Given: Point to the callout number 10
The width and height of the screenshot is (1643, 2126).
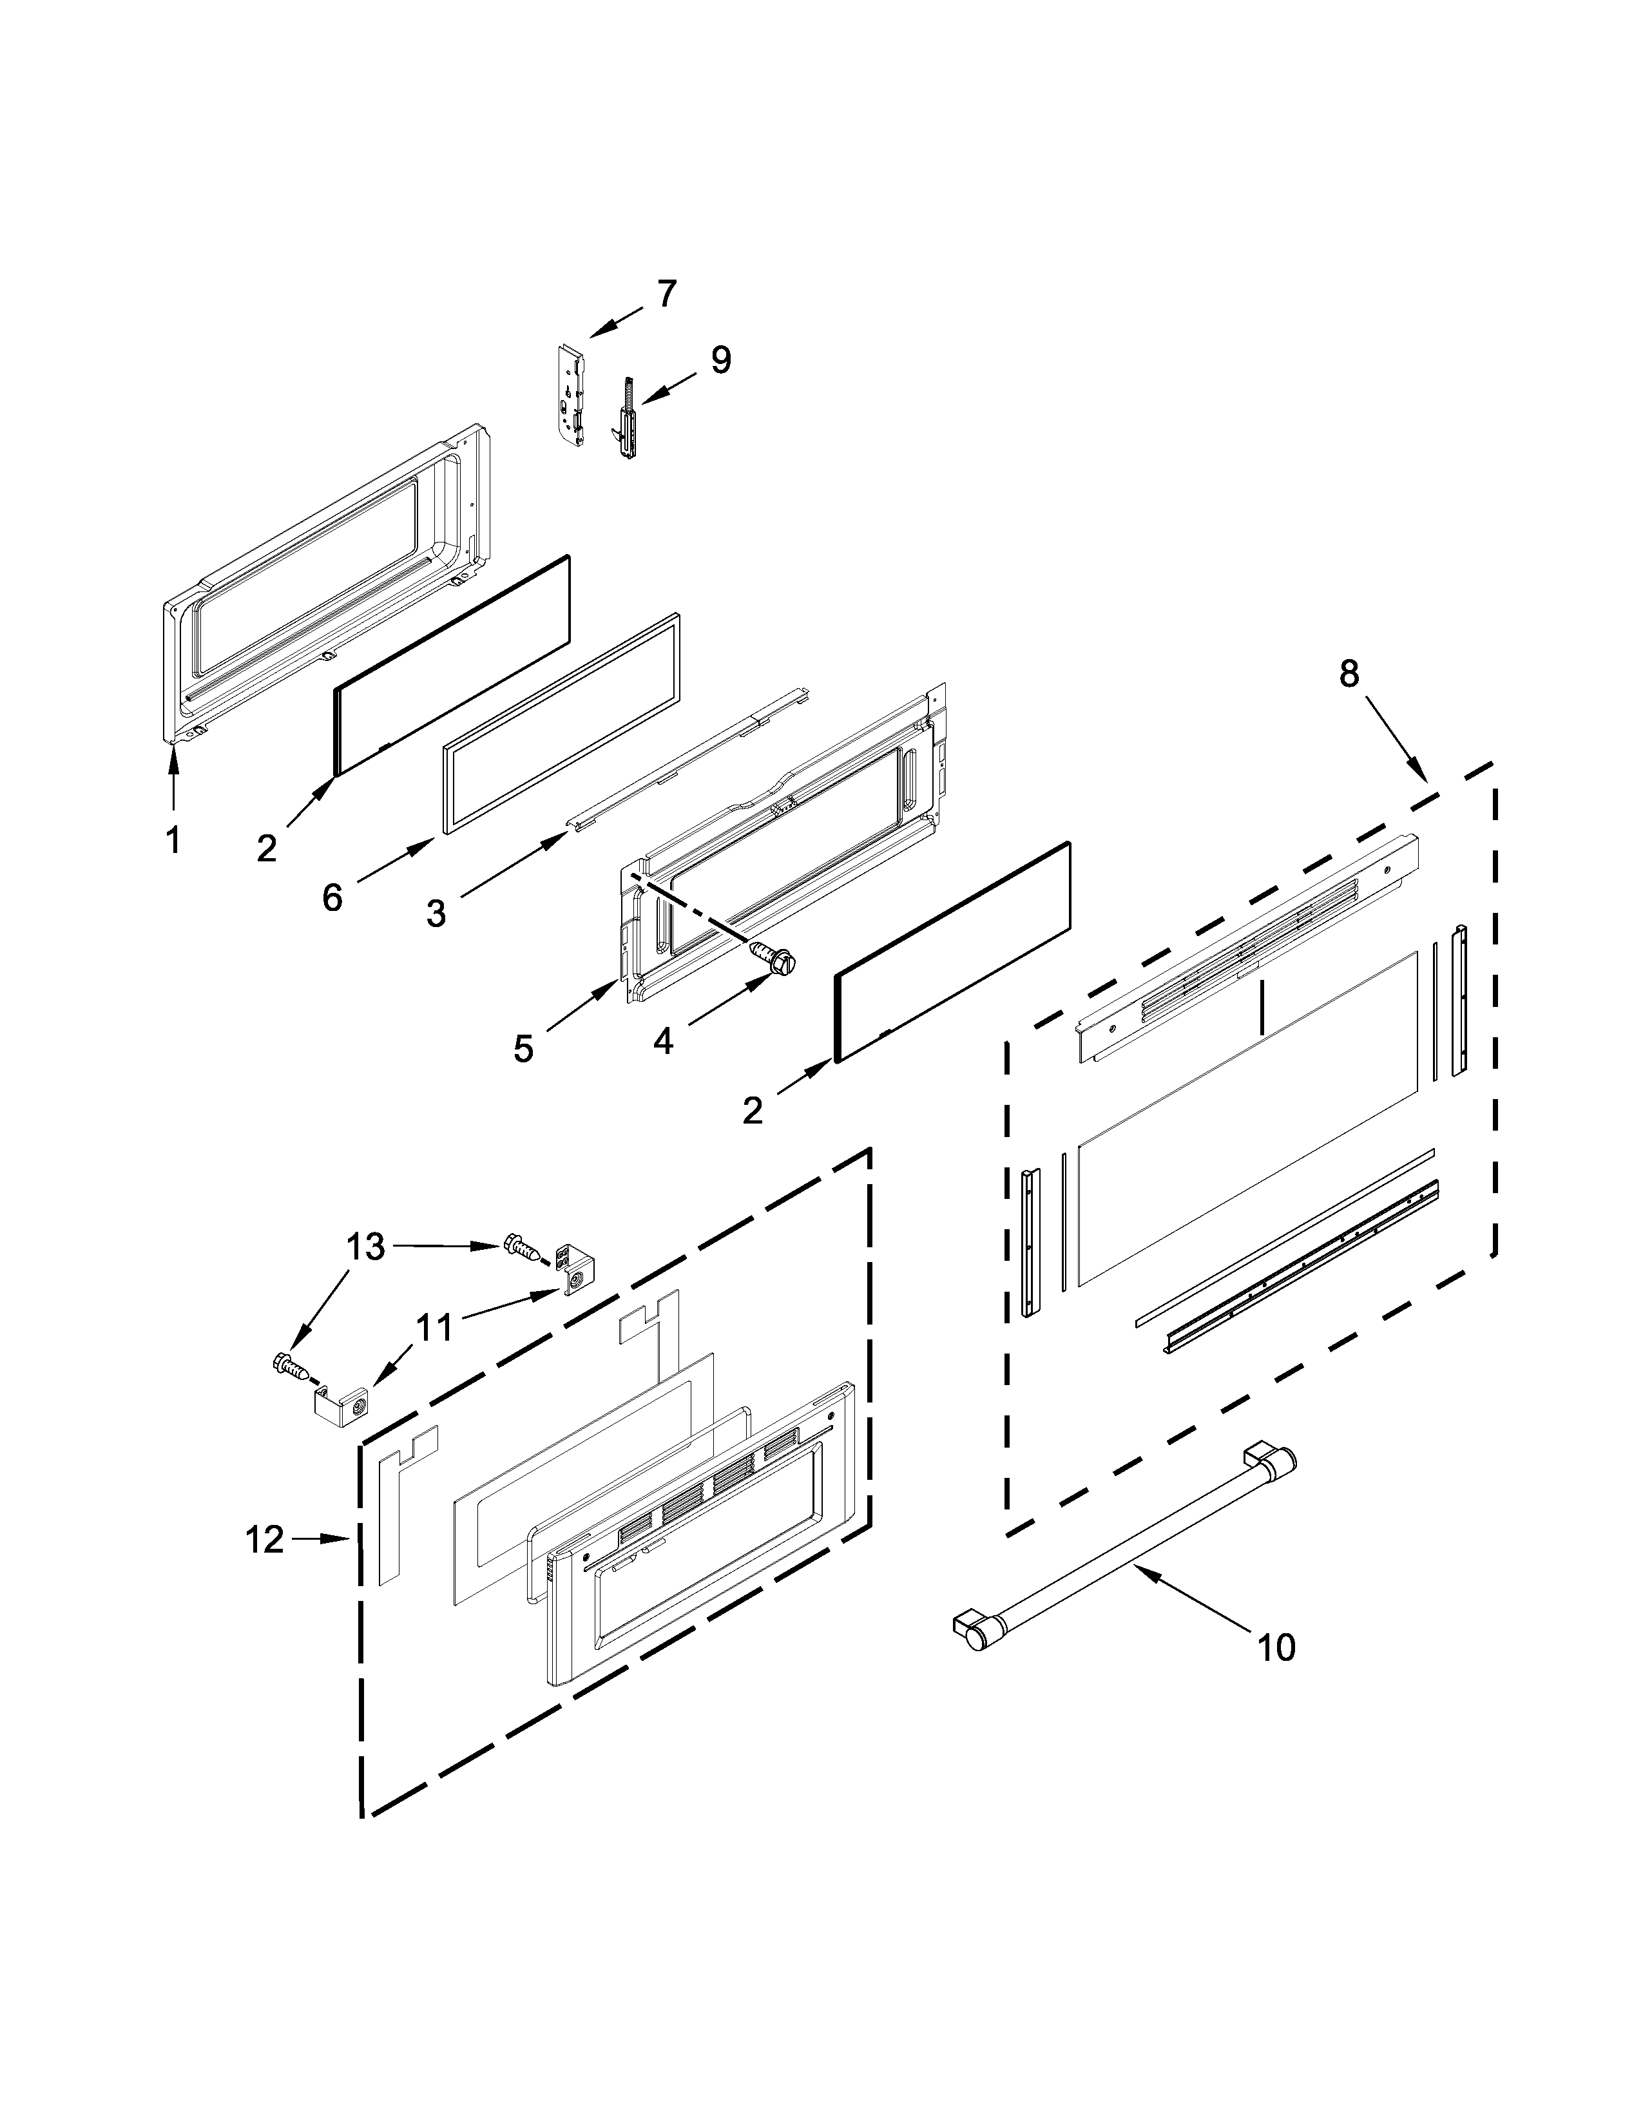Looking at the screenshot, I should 1275,1647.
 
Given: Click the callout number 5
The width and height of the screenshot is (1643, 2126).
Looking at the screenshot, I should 524,1048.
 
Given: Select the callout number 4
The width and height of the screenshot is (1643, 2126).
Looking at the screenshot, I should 663,1040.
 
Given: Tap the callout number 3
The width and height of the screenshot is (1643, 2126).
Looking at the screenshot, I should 436,913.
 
